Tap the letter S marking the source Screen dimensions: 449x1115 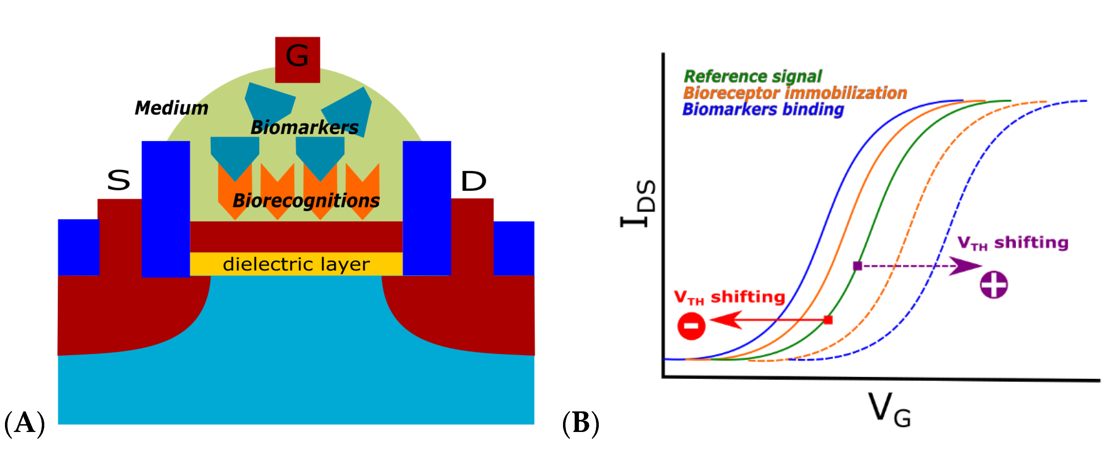(118, 180)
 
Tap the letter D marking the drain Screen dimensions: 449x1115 (473, 181)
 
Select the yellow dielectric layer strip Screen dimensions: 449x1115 (296, 264)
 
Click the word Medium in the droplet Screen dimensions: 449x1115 (171, 108)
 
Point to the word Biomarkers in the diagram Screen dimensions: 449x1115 (304, 127)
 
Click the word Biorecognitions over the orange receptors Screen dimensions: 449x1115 (306, 200)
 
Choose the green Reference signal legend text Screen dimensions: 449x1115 (752, 76)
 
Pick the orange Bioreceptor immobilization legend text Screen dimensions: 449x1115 (795, 93)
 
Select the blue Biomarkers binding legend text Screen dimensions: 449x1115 (763, 109)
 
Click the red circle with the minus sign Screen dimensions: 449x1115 (691, 326)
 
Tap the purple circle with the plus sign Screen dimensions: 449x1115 (994, 285)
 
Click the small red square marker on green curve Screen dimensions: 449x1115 (828, 320)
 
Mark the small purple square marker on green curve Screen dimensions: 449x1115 (857, 266)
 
